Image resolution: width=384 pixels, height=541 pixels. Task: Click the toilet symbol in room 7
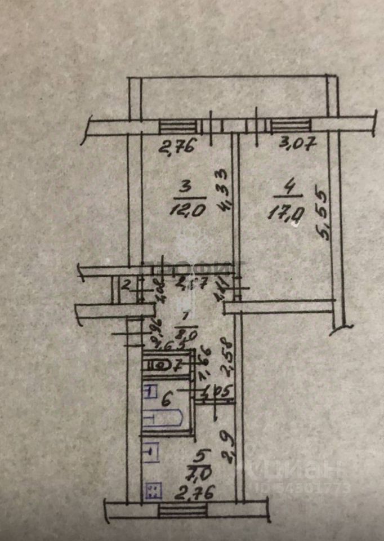tap(160, 365)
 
